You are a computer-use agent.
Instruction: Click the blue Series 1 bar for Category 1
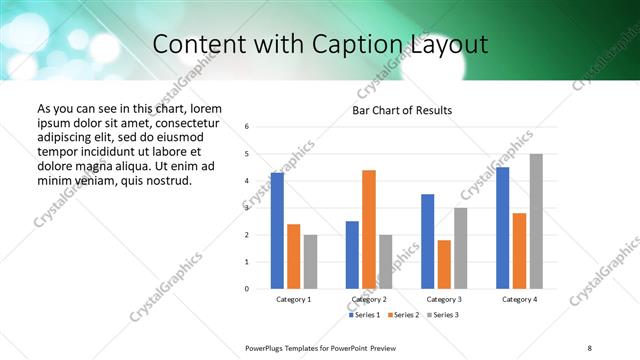(x=277, y=231)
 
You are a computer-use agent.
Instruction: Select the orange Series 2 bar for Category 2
(x=369, y=229)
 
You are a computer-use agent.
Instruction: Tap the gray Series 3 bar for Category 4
(x=536, y=221)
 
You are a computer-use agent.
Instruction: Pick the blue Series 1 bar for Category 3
(x=427, y=241)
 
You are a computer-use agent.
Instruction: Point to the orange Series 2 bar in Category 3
(x=444, y=264)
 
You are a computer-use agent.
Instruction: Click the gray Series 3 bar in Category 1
(x=310, y=262)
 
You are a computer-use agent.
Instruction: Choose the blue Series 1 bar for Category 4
(x=502, y=228)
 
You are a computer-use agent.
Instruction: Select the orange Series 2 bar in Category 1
(x=293, y=256)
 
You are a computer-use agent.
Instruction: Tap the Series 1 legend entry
(x=365, y=315)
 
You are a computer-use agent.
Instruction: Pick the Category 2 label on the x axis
(x=369, y=299)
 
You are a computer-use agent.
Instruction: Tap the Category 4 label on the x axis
(x=519, y=299)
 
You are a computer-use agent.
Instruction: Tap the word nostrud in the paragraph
(x=166, y=180)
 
